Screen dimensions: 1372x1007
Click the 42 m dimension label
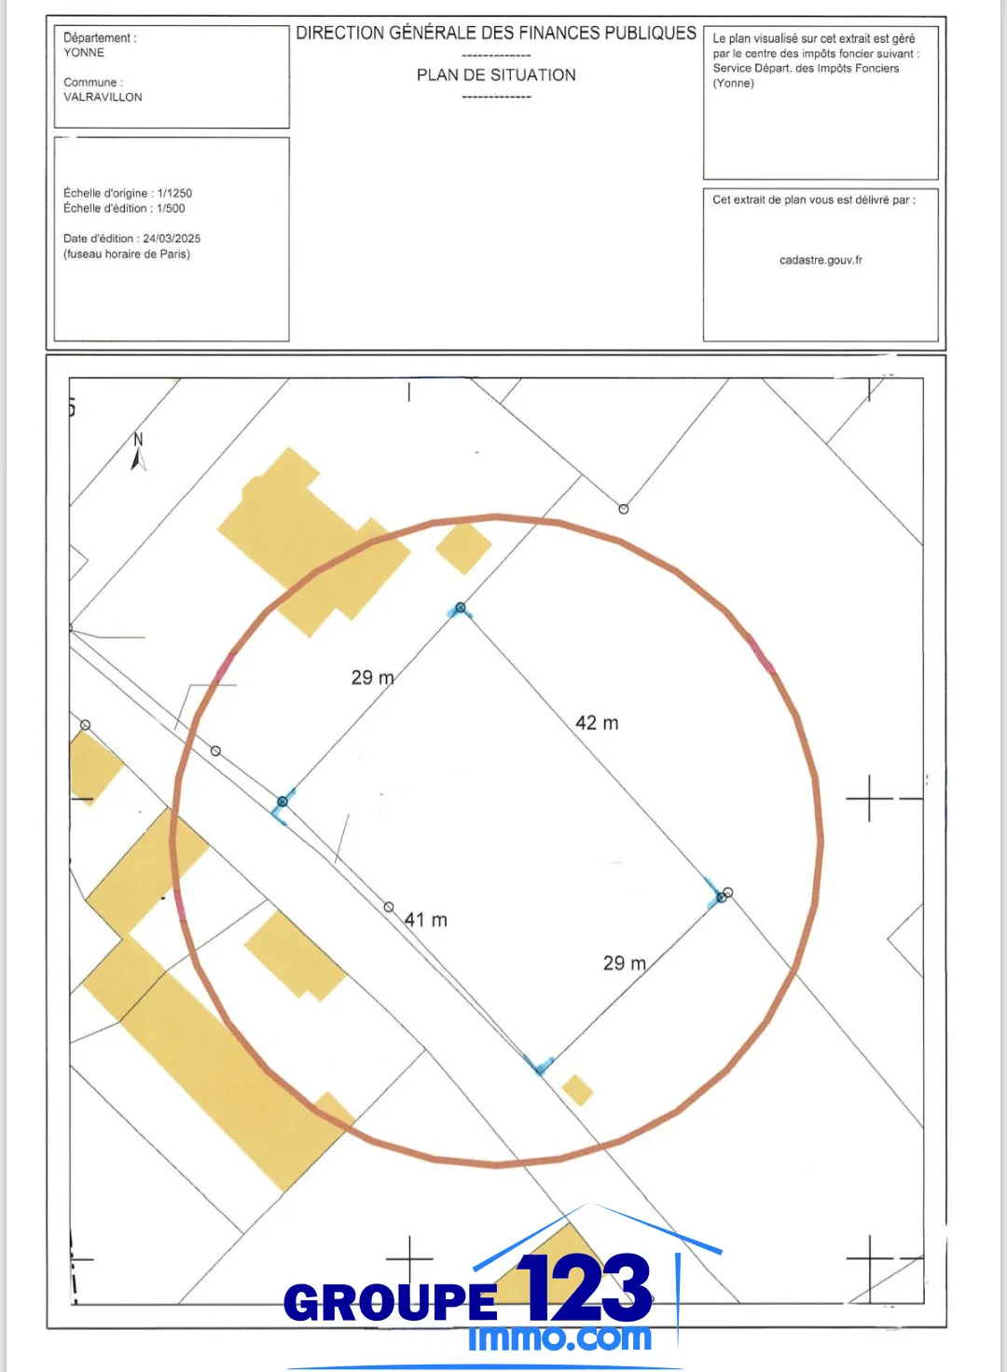(x=597, y=723)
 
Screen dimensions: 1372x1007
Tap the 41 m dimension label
(x=426, y=920)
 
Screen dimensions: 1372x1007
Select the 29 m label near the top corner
(x=372, y=678)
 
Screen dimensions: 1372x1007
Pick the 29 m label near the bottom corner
(x=624, y=963)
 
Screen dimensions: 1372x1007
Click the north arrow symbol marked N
(x=139, y=452)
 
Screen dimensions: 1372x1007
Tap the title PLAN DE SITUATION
(x=496, y=75)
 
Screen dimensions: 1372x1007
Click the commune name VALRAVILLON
(x=103, y=97)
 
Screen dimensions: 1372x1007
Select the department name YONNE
(x=84, y=53)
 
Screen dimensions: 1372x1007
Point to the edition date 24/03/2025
(x=172, y=239)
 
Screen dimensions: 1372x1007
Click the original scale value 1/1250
(x=174, y=193)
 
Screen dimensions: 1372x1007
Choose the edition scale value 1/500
(x=171, y=209)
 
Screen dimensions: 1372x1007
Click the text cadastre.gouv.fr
(x=821, y=260)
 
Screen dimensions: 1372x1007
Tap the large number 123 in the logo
(x=585, y=1288)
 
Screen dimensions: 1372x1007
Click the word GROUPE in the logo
(x=391, y=1302)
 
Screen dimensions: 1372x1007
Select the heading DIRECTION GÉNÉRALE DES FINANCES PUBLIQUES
(x=496, y=34)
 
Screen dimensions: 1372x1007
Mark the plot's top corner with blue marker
(x=460, y=609)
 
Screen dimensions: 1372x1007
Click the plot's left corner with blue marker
(x=283, y=803)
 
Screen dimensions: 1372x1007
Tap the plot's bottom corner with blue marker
(x=539, y=1064)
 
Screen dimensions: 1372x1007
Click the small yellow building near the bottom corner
(x=578, y=1090)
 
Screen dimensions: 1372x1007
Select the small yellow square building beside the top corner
(x=463, y=548)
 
